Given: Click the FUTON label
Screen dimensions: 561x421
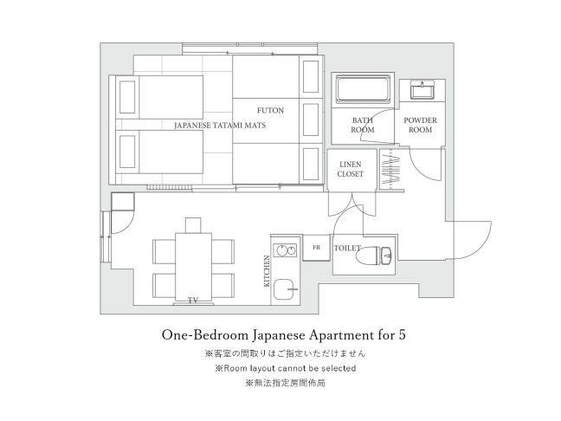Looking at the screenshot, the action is pos(270,111).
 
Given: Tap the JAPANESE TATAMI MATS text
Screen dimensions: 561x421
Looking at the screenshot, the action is pos(220,126).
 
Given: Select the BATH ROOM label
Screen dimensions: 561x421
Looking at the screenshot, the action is pos(363,125).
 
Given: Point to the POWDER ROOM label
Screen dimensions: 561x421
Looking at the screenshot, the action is pos(421,125).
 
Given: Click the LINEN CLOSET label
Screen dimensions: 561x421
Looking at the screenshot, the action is pos(351,169).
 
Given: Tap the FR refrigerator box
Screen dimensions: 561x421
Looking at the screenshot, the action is pos(316,248).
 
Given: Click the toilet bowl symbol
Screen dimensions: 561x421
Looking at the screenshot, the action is pos(376,255).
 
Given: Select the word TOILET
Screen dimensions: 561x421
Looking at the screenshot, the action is pos(347,248).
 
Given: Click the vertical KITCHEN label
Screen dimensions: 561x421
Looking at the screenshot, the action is pos(267,271).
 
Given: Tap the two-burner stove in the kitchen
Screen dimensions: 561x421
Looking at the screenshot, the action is pos(285,250).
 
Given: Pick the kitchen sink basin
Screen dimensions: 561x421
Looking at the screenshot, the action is pos(285,289).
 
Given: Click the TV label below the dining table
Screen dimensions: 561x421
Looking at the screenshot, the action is pos(193,301).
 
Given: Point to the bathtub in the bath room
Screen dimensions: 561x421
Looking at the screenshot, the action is pos(363,89).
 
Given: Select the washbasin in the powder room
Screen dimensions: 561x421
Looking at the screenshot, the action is pos(422,89).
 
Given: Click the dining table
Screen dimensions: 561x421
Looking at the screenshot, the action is pos(194,267).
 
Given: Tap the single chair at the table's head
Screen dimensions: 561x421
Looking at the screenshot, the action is pos(193,225).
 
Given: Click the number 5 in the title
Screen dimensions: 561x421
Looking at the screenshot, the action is pos(402,335).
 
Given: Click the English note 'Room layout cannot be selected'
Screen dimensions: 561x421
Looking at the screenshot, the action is pos(290,368).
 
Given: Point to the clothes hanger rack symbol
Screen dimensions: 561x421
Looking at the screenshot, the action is pos(391,169).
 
